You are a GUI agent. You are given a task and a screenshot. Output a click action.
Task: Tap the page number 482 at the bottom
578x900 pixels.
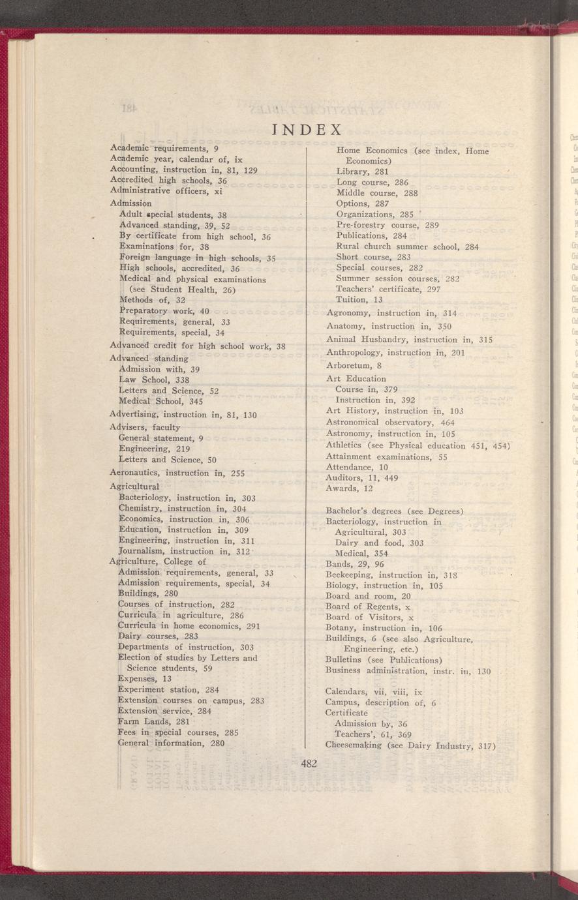pos(309,764)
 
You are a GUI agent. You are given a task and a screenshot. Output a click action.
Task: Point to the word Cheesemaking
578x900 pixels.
pos(354,745)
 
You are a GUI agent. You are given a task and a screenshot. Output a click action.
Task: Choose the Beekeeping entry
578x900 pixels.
pos(352,575)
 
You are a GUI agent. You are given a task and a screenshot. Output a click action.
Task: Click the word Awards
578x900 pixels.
pos(342,488)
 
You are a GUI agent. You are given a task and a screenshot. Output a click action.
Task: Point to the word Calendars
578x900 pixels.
pos(346,692)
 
